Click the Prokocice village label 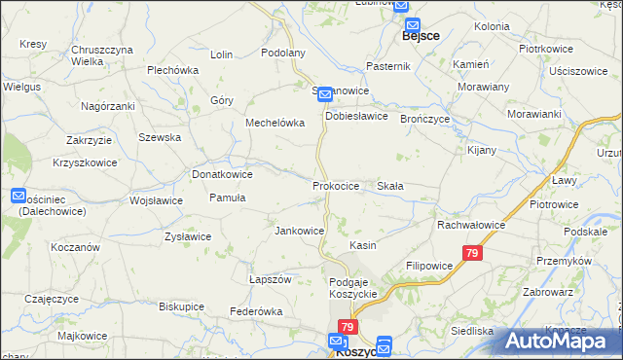(336, 185)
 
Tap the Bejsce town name (421, 36)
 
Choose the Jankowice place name (300, 231)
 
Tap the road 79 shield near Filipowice (472, 254)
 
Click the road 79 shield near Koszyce (348, 327)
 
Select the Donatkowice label (223, 174)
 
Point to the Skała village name (390, 185)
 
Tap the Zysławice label (188, 236)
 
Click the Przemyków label (565, 261)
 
